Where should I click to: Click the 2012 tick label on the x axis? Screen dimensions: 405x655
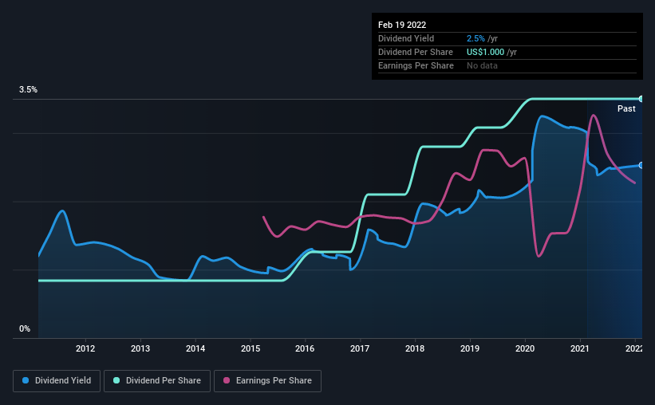[85, 348]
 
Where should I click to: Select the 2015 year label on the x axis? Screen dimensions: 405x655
[251, 348]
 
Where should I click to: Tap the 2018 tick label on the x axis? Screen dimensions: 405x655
[415, 348]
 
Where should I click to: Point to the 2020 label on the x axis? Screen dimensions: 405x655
[525, 348]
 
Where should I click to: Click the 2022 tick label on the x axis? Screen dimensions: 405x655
[634, 348]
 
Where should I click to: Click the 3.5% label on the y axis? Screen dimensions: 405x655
[28, 90]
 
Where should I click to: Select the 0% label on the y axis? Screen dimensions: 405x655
[25, 328]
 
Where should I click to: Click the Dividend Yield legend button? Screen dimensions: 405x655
[57, 381]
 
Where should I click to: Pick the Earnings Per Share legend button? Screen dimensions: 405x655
[268, 381]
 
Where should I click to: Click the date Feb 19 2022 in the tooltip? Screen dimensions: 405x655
[402, 25]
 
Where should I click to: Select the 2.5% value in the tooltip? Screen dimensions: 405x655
[475, 38]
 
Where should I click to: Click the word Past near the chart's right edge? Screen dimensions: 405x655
[626, 108]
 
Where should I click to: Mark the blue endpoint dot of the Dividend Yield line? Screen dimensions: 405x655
[641, 165]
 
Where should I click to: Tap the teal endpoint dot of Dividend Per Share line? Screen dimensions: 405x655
[641, 99]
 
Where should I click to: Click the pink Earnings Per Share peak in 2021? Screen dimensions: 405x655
[593, 116]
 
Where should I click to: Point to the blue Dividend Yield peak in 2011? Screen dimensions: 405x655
[62, 210]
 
